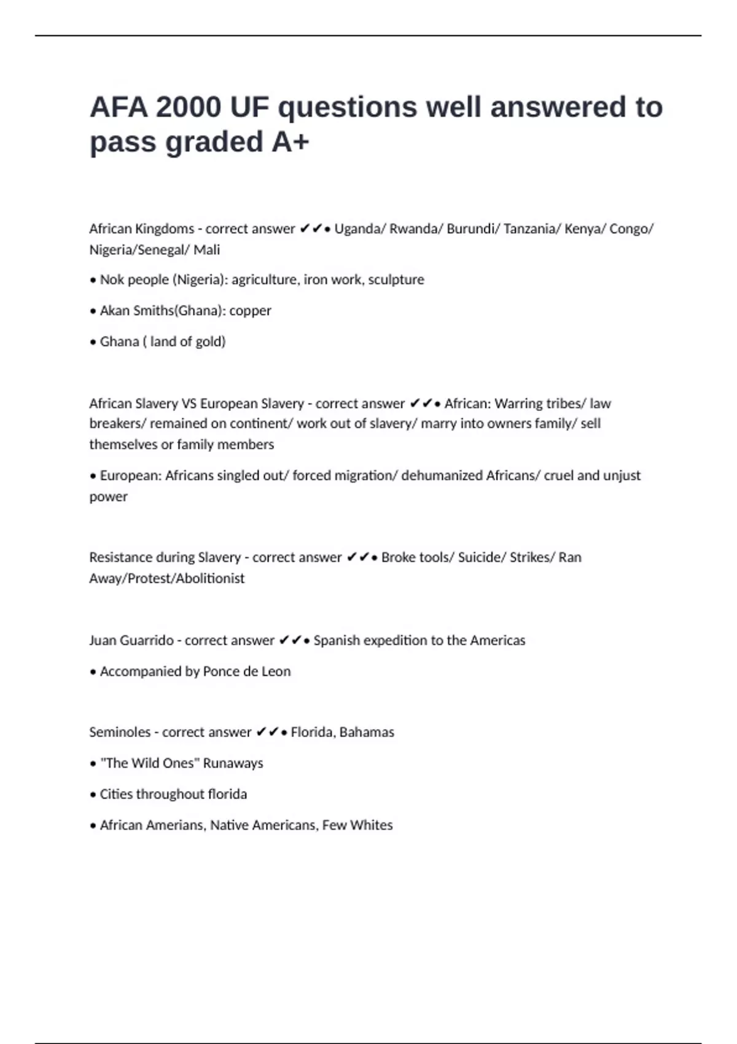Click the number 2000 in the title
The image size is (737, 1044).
[189, 107]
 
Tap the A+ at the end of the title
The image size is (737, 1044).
[290, 142]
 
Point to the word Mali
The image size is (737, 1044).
[207, 250]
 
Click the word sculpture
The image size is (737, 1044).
[396, 280]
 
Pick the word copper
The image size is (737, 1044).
[250, 311]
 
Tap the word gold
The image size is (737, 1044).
[209, 341]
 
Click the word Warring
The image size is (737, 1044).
[521, 403]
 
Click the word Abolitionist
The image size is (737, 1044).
[210, 578]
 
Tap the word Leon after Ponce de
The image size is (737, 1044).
[276, 671]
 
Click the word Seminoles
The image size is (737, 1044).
[119, 732]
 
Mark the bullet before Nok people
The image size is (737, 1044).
[93, 281]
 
